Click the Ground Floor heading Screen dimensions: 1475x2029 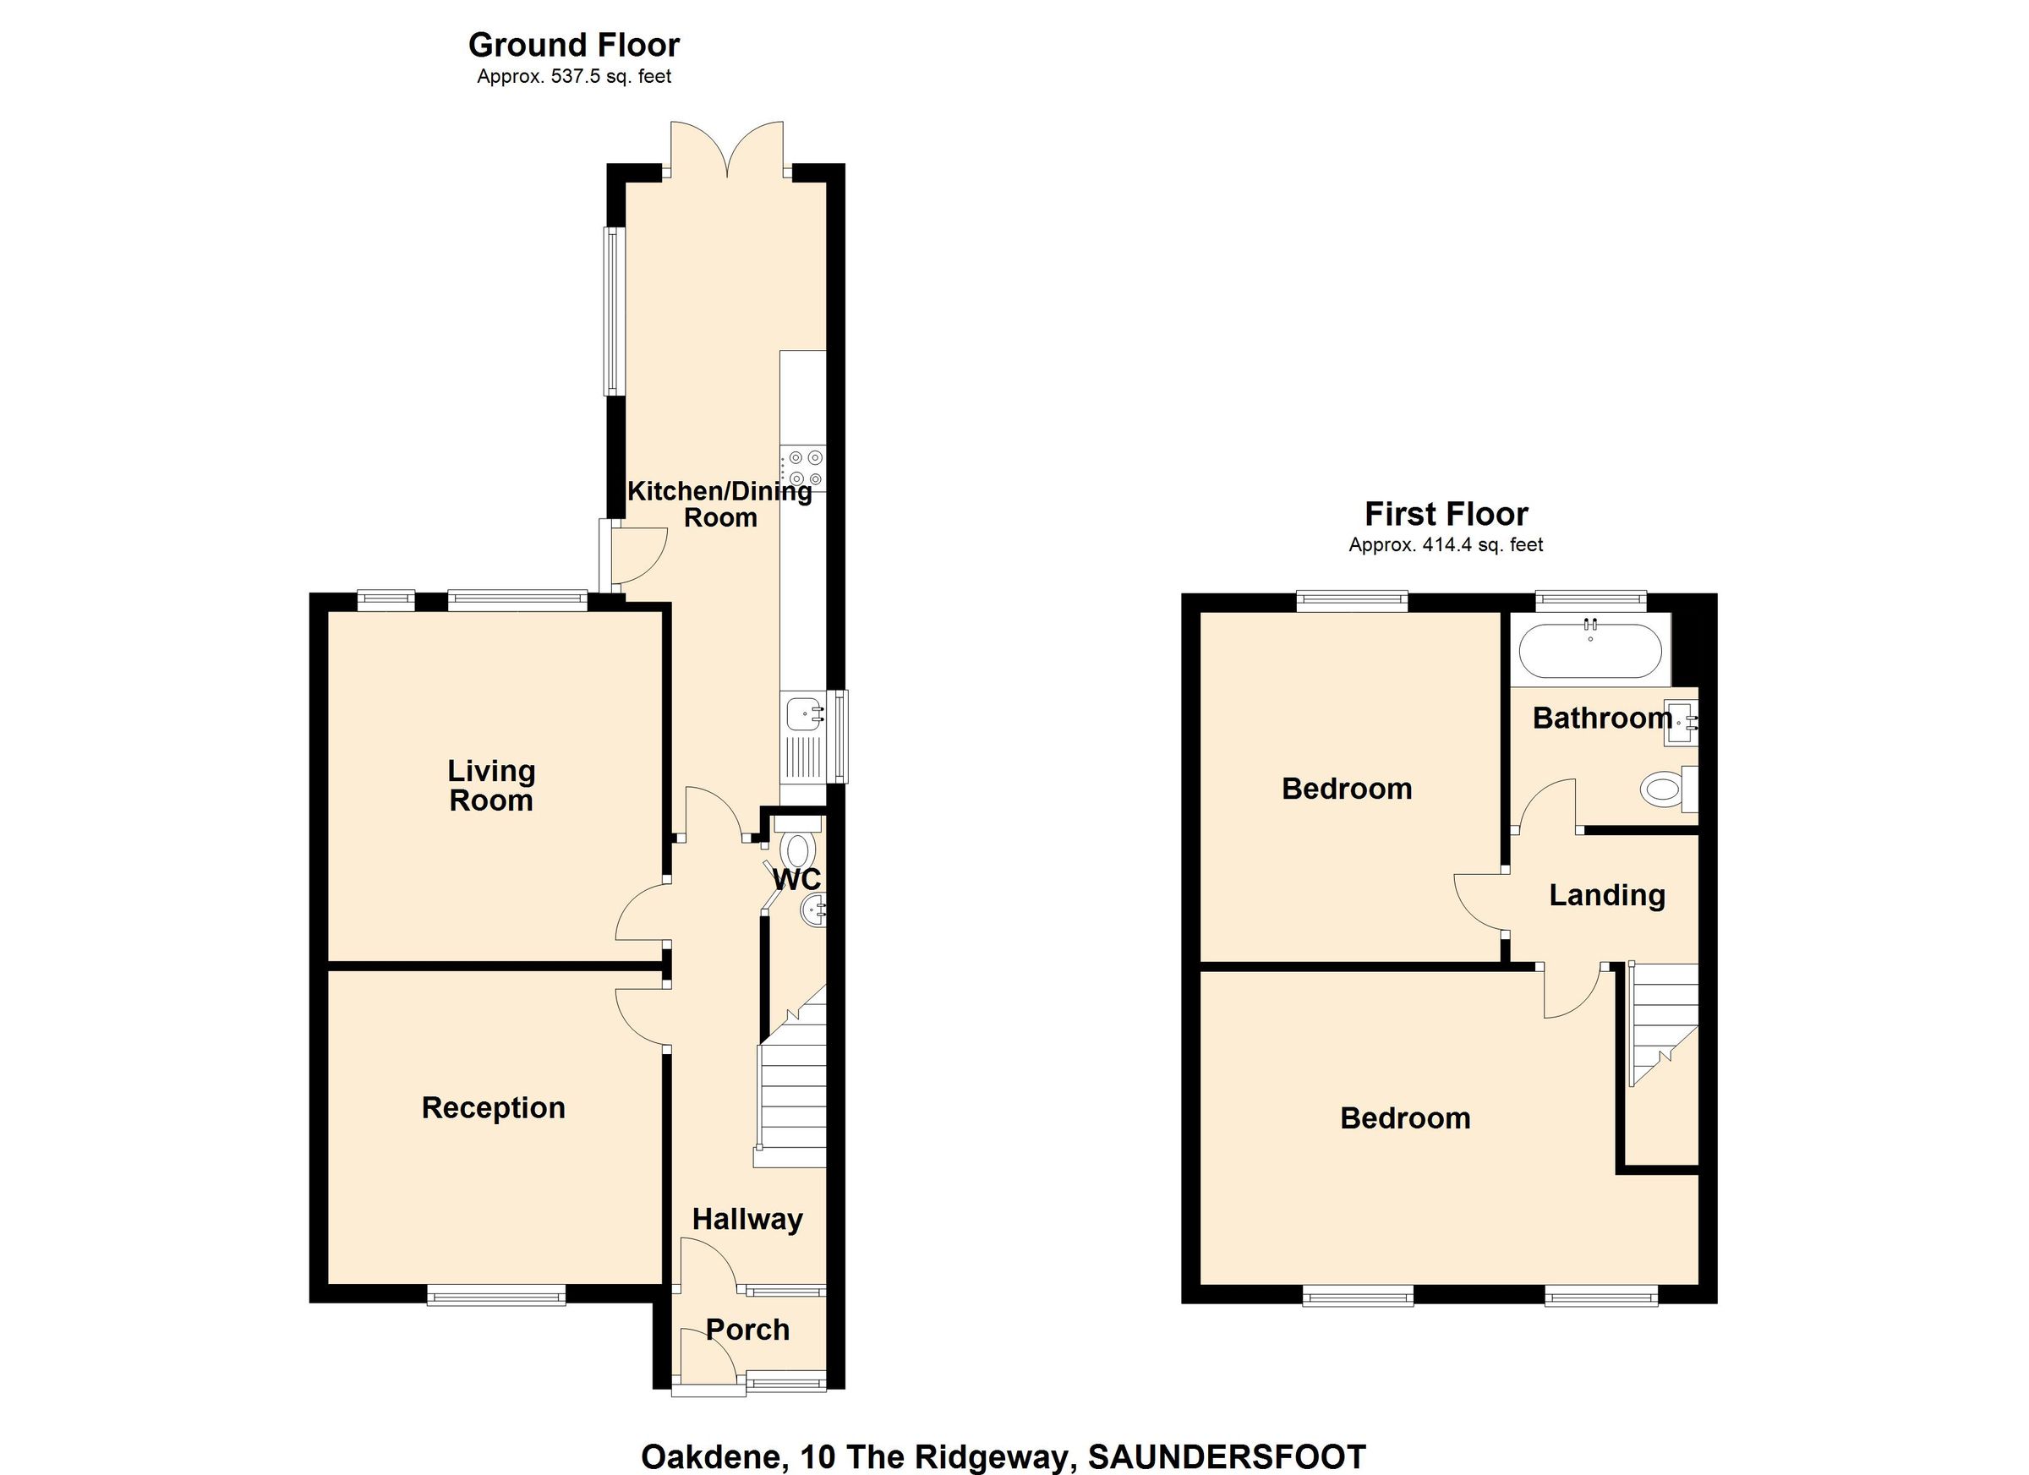tap(573, 45)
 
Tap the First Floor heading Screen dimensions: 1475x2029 tap(1446, 514)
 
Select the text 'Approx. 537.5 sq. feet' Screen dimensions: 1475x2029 tap(573, 77)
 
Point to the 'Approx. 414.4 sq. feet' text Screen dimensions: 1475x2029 tap(1446, 544)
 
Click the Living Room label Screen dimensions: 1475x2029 tap(491, 785)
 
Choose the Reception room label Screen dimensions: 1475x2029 tap(493, 1107)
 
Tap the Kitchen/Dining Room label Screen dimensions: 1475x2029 tap(719, 504)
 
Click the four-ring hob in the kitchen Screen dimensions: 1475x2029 tap(803, 467)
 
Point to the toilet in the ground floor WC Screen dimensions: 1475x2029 tap(796, 846)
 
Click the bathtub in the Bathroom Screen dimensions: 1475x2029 tap(1589, 650)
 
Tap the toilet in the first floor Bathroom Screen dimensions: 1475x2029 tap(1666, 789)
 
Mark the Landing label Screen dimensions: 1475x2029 tap(1607, 895)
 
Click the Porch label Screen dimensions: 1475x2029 tap(747, 1330)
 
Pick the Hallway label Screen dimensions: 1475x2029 tap(747, 1219)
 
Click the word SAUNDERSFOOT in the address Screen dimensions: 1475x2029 tap(1227, 1457)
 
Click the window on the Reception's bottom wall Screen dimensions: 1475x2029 tap(495, 1295)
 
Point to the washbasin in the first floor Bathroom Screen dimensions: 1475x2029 tap(1680, 723)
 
